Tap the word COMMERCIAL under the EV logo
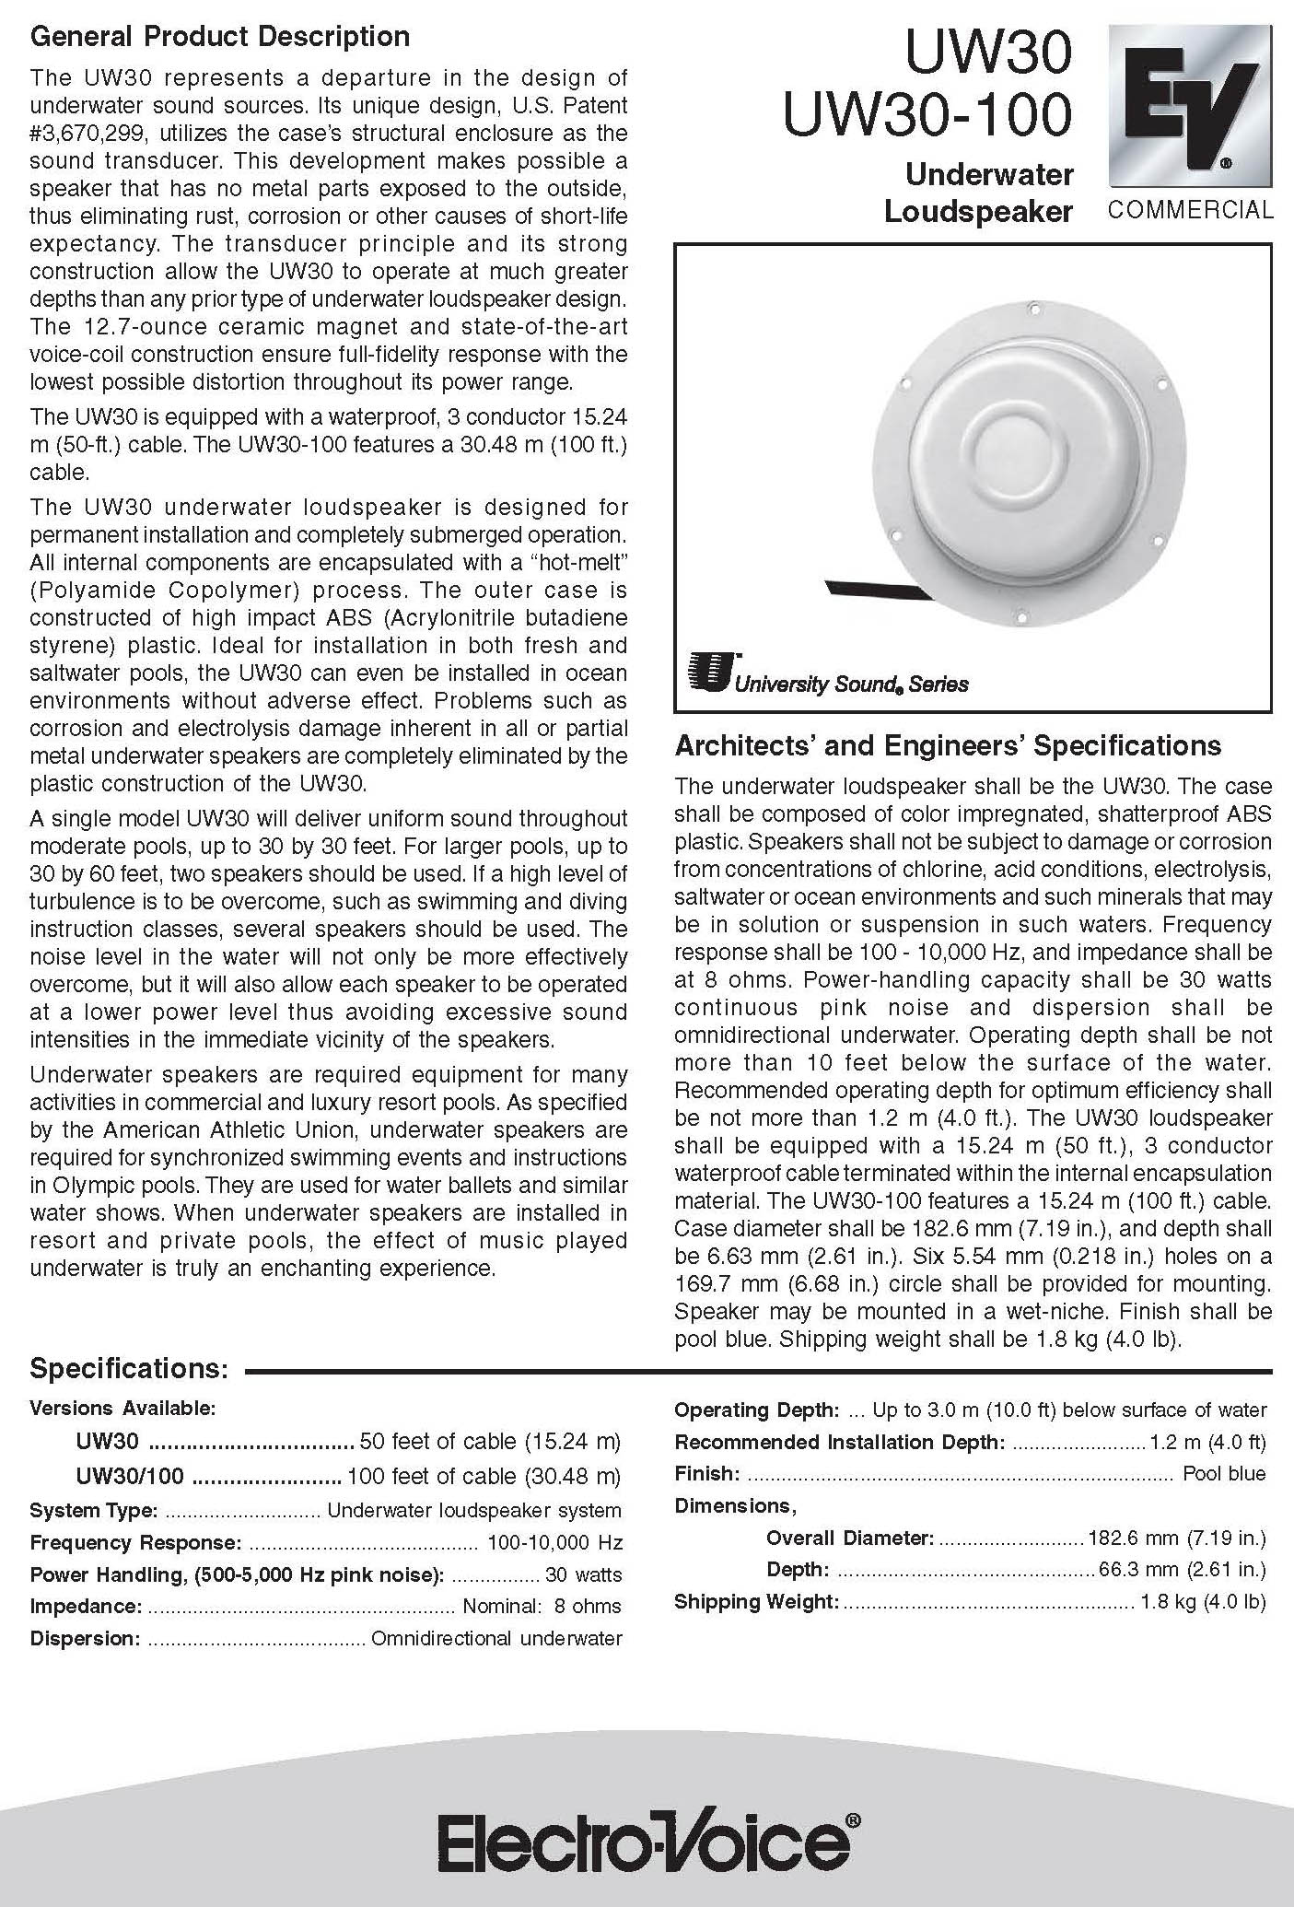click(x=1191, y=210)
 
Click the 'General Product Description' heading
click(x=219, y=37)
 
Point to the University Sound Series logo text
click(x=851, y=684)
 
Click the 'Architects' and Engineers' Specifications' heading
click(x=948, y=745)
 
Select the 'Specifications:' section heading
click(x=128, y=1368)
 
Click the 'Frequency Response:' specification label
click(x=135, y=1542)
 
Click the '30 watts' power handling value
click(x=583, y=1574)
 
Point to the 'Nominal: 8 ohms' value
click(x=542, y=1606)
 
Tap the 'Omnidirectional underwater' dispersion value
click(x=496, y=1638)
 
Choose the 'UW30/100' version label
click(x=130, y=1476)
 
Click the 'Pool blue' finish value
click(x=1224, y=1473)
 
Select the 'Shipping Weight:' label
click(x=756, y=1601)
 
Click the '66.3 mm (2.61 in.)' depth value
click(x=1183, y=1569)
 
